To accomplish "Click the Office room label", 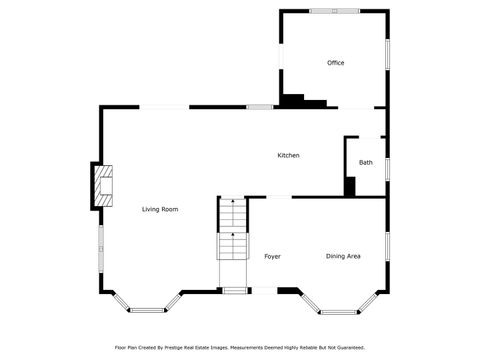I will point(335,63).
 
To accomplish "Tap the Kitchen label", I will point(288,155).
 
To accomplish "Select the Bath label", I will point(366,162).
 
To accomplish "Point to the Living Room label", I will point(160,209).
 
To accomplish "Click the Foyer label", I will point(272,257).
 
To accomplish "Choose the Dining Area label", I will point(343,257).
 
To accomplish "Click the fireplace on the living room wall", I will point(103,185).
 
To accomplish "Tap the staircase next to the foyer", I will point(233,230).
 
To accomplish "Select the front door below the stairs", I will point(236,291).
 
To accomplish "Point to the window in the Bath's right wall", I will point(386,168).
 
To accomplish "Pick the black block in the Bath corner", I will point(350,187).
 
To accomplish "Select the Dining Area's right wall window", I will point(386,246).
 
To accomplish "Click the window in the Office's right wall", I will point(386,54).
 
